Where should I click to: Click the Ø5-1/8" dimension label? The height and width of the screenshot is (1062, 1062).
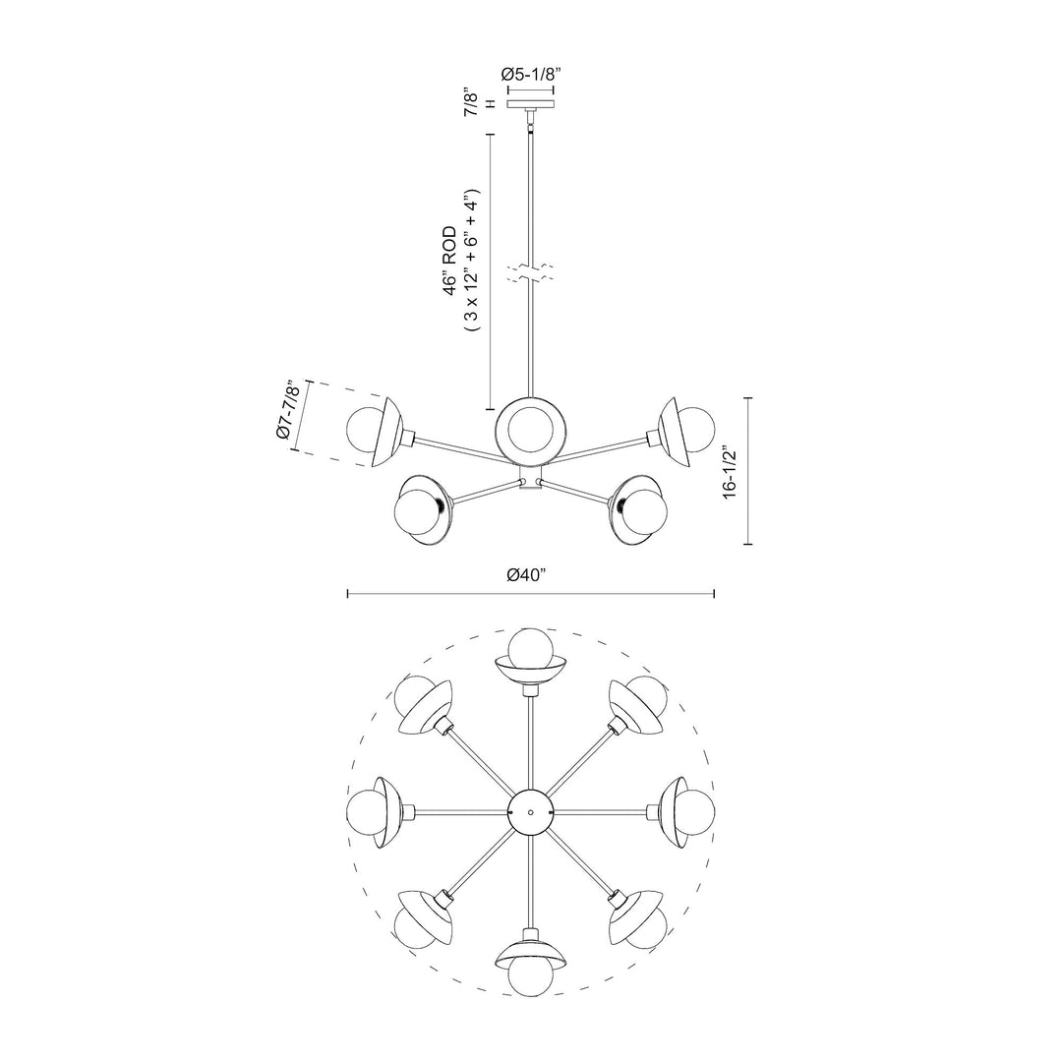[x=530, y=74]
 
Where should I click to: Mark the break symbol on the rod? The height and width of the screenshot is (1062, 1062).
[x=530, y=274]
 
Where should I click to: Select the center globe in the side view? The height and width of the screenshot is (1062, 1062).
[x=530, y=429]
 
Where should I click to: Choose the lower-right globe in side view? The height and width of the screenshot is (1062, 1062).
[x=648, y=509]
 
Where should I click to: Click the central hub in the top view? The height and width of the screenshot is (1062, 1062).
[x=530, y=812]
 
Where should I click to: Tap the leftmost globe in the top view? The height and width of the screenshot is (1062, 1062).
[x=366, y=812]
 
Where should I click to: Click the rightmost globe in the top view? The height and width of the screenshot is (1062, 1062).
[x=696, y=812]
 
